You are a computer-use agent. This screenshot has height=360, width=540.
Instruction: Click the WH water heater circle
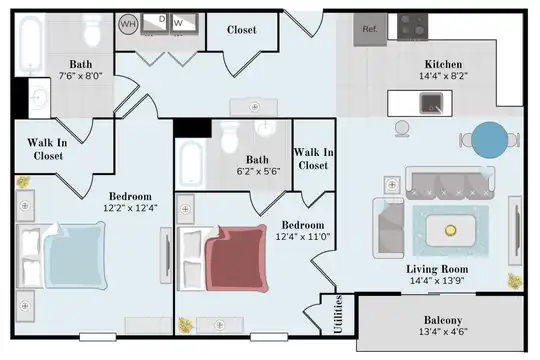(x=128, y=24)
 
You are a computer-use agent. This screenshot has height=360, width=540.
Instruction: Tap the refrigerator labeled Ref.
(x=370, y=30)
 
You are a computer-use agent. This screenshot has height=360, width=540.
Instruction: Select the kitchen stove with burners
(x=413, y=27)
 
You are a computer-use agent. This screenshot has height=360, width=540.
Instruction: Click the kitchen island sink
(x=431, y=103)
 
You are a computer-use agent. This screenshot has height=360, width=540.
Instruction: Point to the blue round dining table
(x=489, y=140)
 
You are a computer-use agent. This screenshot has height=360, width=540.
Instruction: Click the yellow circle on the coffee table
(x=450, y=230)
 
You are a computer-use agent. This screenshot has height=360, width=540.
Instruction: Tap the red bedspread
(x=237, y=258)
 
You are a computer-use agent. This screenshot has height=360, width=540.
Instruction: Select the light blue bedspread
(x=75, y=255)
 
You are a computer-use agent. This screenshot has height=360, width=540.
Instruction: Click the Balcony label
(x=443, y=320)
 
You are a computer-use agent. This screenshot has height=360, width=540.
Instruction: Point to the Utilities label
(x=338, y=314)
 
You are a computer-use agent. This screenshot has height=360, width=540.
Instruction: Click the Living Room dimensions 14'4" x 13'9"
(x=437, y=280)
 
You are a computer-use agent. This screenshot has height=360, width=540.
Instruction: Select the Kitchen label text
(x=443, y=64)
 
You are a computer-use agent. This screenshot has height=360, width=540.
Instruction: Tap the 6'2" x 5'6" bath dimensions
(x=258, y=171)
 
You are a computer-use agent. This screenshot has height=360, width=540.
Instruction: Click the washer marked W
(x=184, y=24)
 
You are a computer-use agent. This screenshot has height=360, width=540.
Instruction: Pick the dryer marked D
(x=155, y=24)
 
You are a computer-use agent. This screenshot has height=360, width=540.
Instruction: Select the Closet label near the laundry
(x=242, y=30)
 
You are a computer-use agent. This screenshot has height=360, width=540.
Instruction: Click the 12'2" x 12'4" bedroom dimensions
(x=131, y=208)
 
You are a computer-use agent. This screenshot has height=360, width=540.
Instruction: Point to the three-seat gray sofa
(x=450, y=183)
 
